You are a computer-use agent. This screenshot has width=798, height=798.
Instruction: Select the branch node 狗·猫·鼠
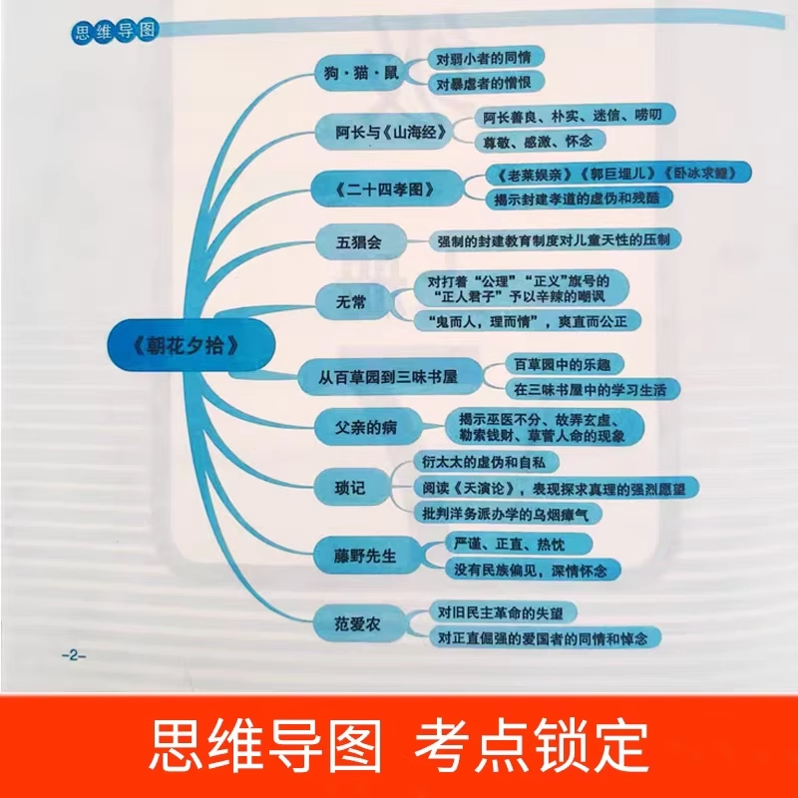pyautogui.click(x=358, y=75)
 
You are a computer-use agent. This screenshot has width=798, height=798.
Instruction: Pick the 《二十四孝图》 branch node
pyautogui.click(x=387, y=187)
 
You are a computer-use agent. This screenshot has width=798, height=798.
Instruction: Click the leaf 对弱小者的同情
pyautogui.click(x=481, y=59)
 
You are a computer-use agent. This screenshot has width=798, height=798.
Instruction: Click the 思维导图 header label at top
pyautogui.click(x=114, y=31)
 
